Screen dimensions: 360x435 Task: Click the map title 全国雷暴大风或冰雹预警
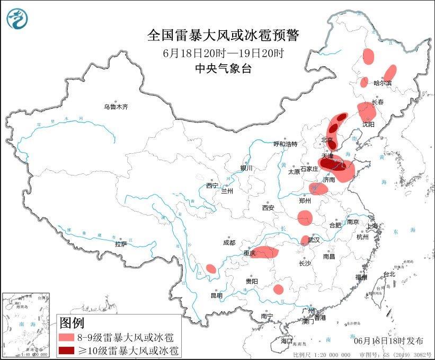point(223,36)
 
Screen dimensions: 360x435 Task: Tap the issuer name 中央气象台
point(223,68)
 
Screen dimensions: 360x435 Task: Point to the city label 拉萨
point(121,244)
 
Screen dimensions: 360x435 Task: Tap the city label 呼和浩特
point(285,144)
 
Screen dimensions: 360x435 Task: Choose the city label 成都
point(229,243)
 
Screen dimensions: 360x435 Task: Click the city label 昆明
point(217,295)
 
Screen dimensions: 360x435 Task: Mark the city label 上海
point(373,226)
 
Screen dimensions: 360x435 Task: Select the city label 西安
point(268,208)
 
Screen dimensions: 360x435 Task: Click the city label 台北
point(389,274)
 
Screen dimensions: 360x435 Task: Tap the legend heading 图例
point(72,322)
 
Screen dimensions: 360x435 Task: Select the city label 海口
point(287,339)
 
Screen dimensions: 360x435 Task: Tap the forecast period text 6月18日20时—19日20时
point(223,53)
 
